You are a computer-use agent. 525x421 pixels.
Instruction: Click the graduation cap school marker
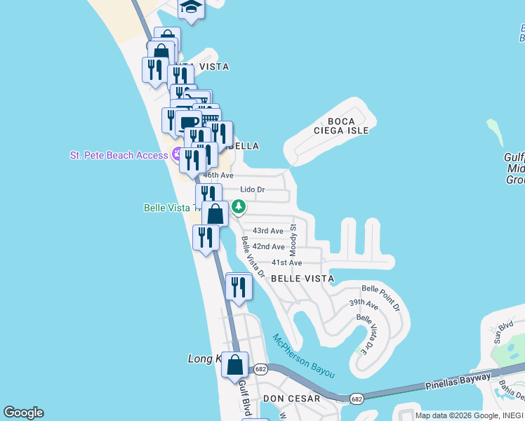tap(190, 8)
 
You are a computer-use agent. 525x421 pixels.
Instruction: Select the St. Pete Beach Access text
tap(119, 155)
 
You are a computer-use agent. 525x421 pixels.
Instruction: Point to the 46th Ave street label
tap(218, 175)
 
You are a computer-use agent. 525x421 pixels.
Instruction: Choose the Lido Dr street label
tap(252, 189)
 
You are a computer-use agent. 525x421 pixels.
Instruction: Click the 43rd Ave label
tap(267, 231)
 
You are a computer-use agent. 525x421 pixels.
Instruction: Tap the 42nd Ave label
tap(268, 247)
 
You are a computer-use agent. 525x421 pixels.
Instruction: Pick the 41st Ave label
tap(286, 262)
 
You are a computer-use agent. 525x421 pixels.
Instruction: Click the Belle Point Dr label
tap(381, 298)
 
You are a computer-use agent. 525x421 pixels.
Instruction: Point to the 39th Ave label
tap(364, 303)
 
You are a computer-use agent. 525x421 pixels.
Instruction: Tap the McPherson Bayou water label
tap(304, 356)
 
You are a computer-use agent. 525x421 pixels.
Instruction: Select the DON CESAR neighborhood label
tap(291, 399)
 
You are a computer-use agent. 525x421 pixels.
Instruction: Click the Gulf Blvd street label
tap(245, 397)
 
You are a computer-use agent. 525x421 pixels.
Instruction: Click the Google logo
tap(23, 413)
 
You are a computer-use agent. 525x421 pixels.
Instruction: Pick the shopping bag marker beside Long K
tap(235, 365)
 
